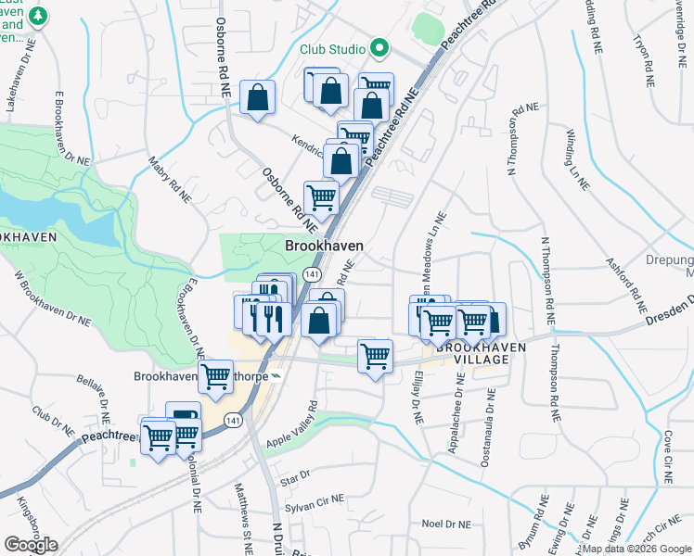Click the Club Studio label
[x=332, y=48]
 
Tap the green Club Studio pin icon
[x=379, y=47]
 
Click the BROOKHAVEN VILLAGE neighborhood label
[x=473, y=352]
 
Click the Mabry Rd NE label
[x=167, y=173]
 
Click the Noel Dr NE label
[x=447, y=524]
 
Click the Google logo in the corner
[x=31, y=545]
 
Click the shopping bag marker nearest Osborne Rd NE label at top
[x=257, y=97]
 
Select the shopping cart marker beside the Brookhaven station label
[x=215, y=377]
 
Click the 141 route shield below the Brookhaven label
[x=313, y=275]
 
